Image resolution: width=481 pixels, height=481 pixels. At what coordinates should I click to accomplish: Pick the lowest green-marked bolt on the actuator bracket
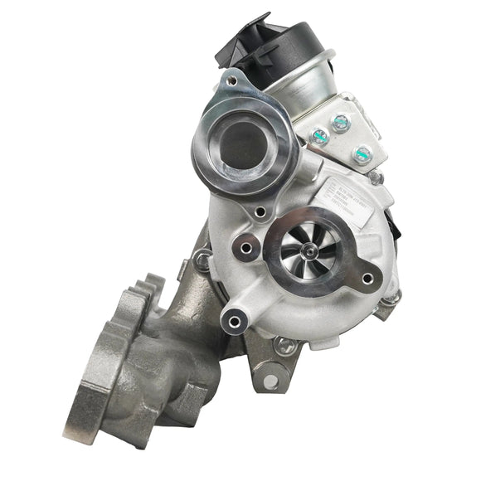(x=362, y=153)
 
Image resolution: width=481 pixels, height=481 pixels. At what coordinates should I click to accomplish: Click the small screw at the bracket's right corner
(x=378, y=177)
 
